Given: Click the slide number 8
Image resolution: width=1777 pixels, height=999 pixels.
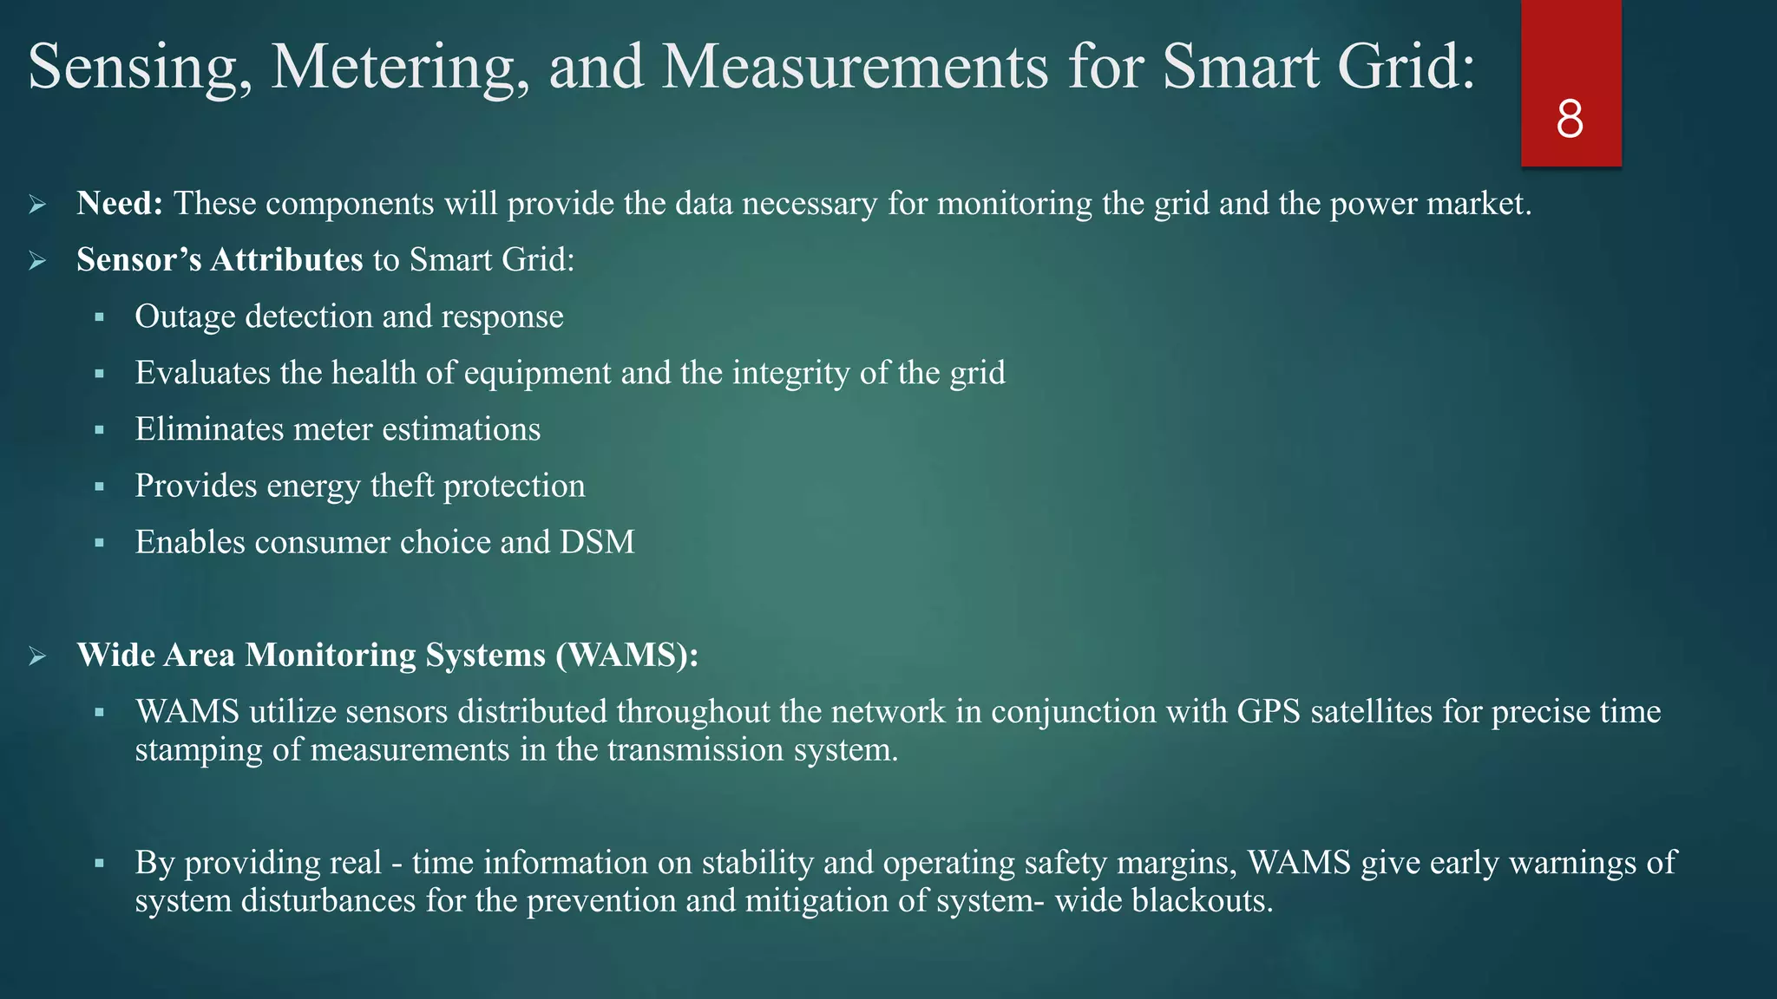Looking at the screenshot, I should (x=1570, y=119).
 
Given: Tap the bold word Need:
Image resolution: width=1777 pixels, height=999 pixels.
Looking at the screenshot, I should (x=120, y=204).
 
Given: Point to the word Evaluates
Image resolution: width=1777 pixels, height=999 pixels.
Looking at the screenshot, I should (x=202, y=373).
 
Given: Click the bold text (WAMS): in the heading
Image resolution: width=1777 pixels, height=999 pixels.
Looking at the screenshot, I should (x=626, y=655).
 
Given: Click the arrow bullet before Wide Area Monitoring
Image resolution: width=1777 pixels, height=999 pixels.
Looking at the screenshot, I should (x=37, y=656).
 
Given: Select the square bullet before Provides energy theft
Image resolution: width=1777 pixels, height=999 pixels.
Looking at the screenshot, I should (x=100, y=486).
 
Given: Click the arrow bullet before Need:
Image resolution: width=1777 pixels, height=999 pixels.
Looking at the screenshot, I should (x=37, y=205).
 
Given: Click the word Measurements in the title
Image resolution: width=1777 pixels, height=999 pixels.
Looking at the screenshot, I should (x=855, y=67).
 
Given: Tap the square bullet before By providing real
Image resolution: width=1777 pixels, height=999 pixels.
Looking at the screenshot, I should (x=100, y=864).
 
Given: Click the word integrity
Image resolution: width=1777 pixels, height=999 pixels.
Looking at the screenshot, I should (x=790, y=373).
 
